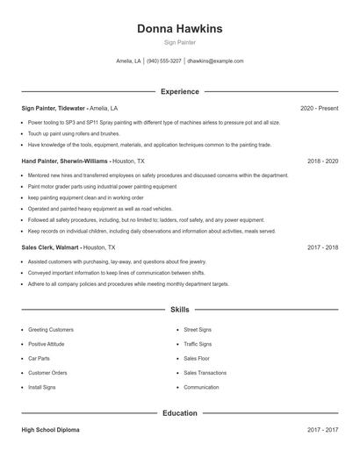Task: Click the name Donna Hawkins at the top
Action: (x=179, y=29)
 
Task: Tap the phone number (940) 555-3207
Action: (x=164, y=61)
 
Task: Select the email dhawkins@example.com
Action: (x=216, y=61)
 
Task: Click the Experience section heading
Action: (x=179, y=91)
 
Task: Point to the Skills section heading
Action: (x=179, y=310)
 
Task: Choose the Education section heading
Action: (x=179, y=411)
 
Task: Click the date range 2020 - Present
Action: (x=319, y=108)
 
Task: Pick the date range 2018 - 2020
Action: (x=322, y=161)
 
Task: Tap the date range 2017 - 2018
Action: (x=322, y=247)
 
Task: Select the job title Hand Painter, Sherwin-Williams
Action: (x=65, y=161)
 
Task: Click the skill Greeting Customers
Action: (x=50, y=329)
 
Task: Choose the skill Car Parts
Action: (x=39, y=358)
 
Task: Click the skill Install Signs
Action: (x=42, y=387)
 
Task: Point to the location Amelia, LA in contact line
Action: (x=128, y=61)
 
